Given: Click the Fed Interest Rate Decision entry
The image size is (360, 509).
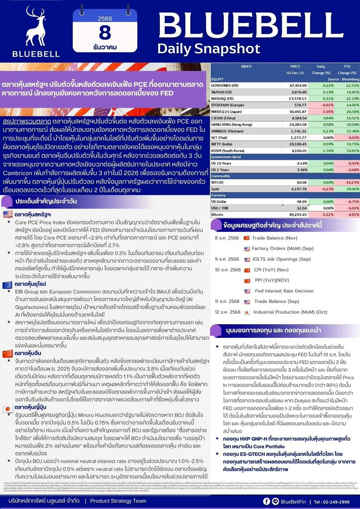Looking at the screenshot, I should pyautogui.click(x=284, y=291).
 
